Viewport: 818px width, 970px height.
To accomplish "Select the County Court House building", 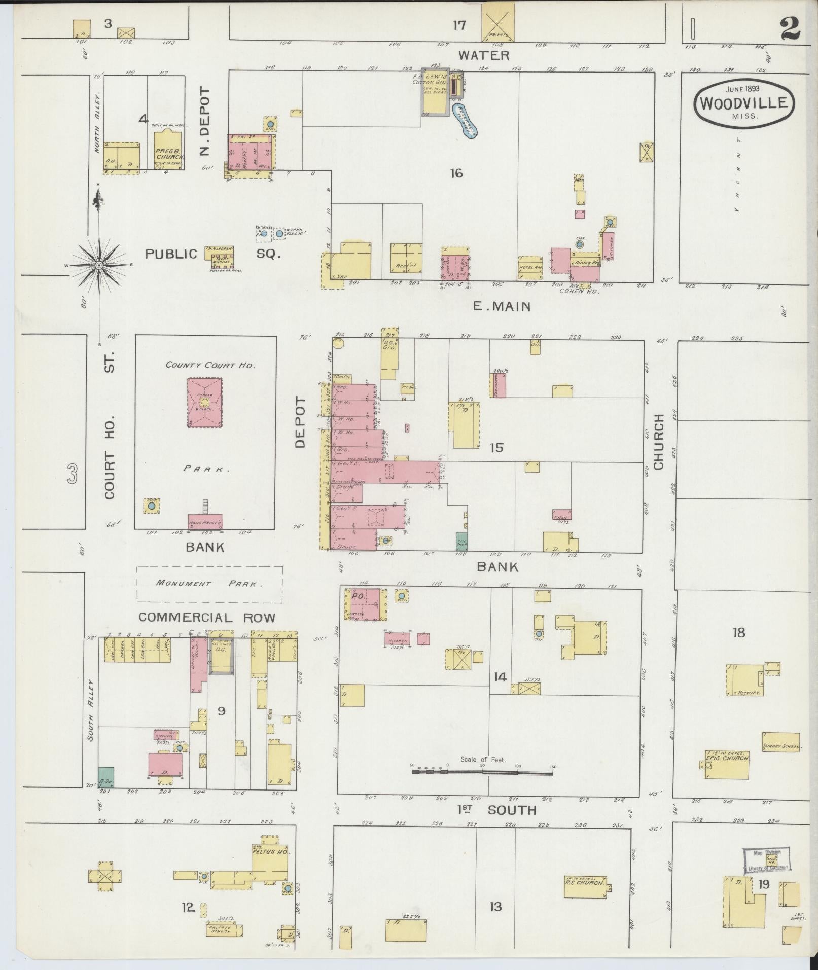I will click(204, 403).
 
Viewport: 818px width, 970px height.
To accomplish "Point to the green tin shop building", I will click(461, 541).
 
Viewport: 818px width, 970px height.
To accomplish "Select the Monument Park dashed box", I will click(209, 584).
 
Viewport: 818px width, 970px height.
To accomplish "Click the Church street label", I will click(659, 442).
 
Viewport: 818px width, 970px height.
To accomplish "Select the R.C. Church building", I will click(586, 882).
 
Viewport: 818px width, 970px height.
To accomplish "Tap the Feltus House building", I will click(271, 862).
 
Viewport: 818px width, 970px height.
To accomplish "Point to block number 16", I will click(456, 174).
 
